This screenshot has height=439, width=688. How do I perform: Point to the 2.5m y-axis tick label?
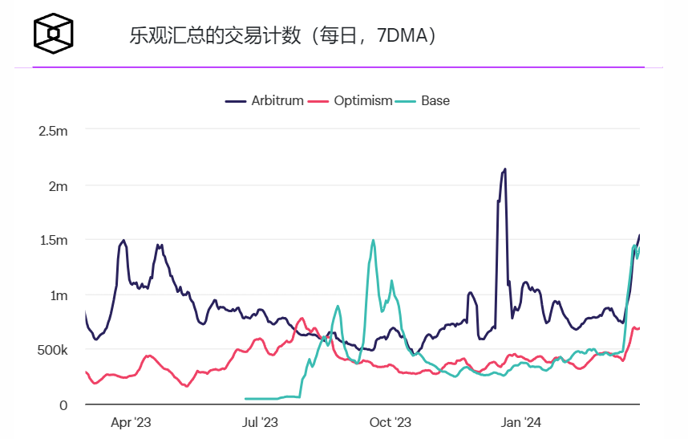53,131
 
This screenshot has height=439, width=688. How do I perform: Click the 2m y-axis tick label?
58,186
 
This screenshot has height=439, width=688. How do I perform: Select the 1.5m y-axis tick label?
53,241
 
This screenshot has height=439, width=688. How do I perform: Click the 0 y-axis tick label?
63,405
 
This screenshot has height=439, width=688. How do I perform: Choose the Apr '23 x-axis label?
131,422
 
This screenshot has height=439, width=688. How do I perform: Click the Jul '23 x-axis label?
260,422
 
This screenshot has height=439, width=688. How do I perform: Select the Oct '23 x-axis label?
391,422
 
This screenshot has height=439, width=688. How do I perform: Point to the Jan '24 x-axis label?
521,422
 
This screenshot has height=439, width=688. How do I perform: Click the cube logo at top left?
54,33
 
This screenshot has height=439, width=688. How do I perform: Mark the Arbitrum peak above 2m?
504,169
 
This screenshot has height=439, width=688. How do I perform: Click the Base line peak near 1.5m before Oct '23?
373,240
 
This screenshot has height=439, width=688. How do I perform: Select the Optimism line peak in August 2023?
302,319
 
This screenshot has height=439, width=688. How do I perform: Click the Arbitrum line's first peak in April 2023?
123,240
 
